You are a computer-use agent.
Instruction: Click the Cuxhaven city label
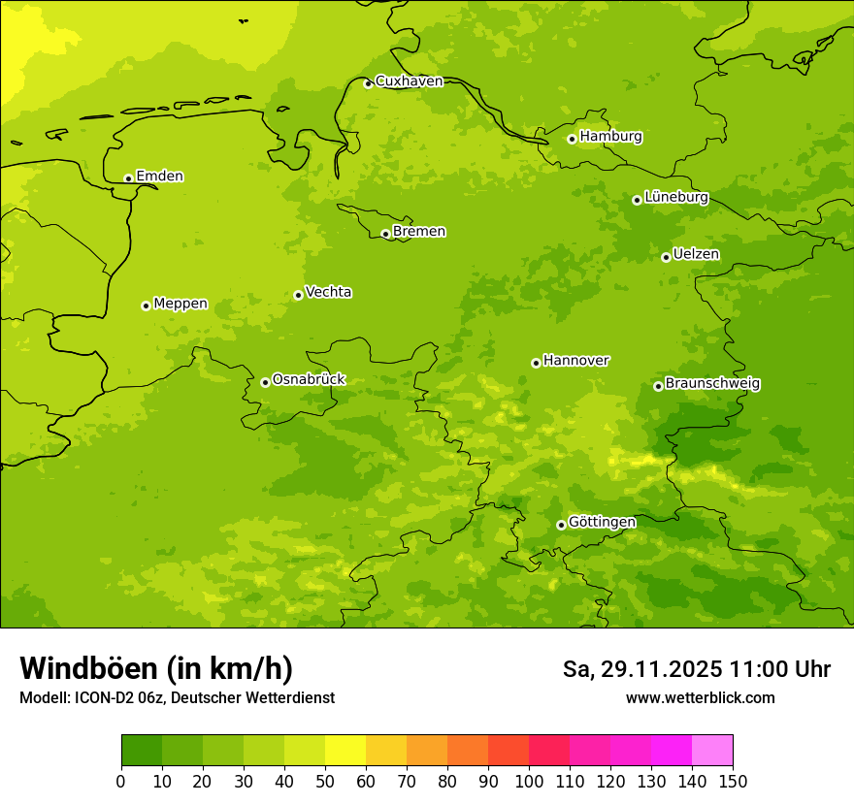tap(409, 81)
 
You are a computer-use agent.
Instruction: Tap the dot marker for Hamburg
tap(573, 139)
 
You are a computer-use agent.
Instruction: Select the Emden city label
tap(159, 177)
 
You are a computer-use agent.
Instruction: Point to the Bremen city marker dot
tap(385, 234)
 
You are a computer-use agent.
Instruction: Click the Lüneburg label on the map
tap(676, 197)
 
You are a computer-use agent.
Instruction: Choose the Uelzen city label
tap(696, 254)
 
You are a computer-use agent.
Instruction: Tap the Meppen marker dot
tap(146, 306)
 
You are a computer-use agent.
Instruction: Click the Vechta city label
tap(328, 292)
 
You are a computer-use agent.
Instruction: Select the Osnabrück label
tap(309, 379)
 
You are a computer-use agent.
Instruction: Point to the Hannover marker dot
tap(536, 363)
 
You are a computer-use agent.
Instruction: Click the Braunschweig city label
tap(712, 384)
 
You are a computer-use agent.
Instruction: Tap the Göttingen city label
tap(602, 522)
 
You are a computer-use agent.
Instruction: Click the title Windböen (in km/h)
tap(156, 668)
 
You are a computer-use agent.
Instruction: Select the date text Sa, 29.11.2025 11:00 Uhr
tap(697, 669)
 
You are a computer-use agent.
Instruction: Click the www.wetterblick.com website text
tap(700, 698)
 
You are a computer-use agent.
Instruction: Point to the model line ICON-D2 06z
tap(177, 698)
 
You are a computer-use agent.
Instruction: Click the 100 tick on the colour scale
tap(529, 781)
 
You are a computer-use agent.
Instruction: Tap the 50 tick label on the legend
tap(325, 781)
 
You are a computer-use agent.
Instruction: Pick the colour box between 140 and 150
tap(712, 751)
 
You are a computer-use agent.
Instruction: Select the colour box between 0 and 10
tap(142, 751)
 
